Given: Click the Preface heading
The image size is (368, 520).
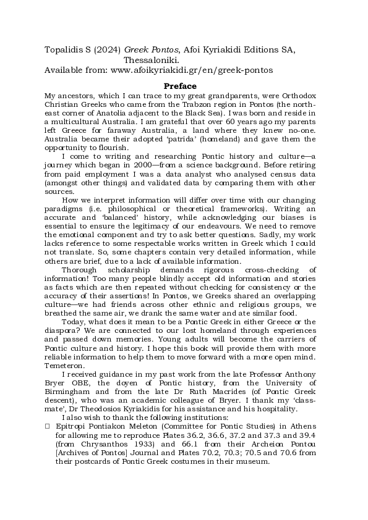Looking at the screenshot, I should pyautogui.click(x=180, y=86).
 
